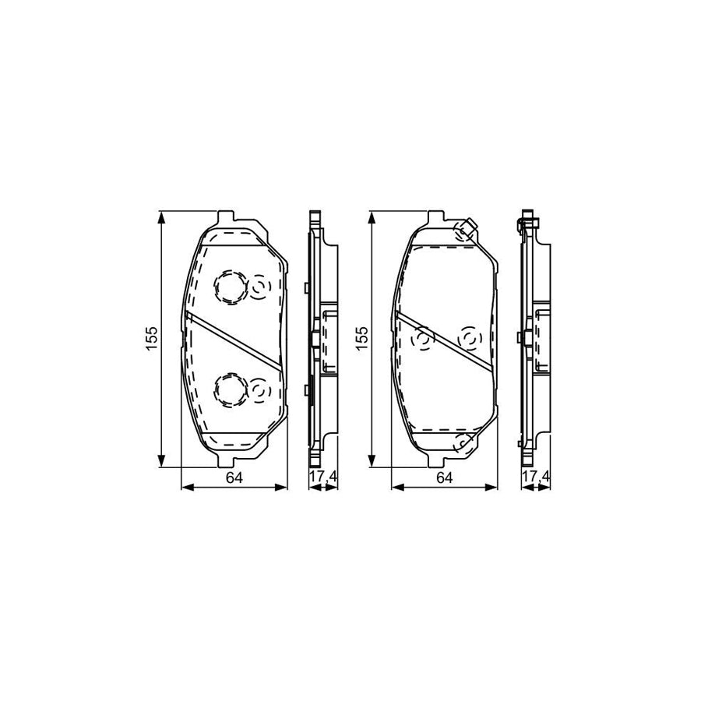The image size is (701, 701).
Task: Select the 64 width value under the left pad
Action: [x=233, y=478]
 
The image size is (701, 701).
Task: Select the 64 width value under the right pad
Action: [x=444, y=478]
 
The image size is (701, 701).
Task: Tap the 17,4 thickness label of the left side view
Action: [x=322, y=477]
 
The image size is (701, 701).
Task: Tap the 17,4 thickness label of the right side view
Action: [x=534, y=477]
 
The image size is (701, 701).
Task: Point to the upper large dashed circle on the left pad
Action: [x=229, y=287]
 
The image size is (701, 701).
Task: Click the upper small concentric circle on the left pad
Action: [x=259, y=289]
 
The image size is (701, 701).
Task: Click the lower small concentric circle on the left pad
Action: [x=259, y=389]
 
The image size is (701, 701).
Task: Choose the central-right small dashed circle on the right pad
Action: [x=470, y=339]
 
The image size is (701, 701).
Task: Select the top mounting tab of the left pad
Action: [x=227, y=217]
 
